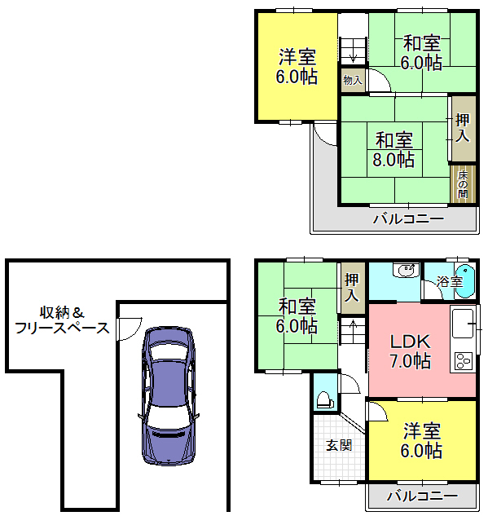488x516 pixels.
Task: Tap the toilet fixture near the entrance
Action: tap(325, 400)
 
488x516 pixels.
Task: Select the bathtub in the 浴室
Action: tap(466, 282)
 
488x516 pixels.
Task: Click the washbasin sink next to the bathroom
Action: tap(407, 270)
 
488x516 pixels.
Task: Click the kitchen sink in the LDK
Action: tap(464, 324)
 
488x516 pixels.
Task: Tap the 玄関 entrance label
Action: tap(339, 445)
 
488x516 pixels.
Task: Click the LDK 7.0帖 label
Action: tap(410, 351)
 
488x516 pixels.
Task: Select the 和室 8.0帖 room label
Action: tap(393, 150)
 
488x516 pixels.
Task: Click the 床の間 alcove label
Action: tap(463, 184)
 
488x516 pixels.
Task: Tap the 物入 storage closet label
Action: tap(353, 80)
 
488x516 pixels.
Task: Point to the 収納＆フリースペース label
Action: tap(62, 320)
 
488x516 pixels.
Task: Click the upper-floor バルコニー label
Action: tap(409, 218)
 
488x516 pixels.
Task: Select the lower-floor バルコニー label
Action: tap(422, 496)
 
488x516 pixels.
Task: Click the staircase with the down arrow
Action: tap(354, 51)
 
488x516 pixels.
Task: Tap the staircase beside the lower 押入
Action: tap(353, 331)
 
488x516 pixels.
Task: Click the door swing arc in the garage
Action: tap(132, 332)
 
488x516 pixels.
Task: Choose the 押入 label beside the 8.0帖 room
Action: tap(463, 128)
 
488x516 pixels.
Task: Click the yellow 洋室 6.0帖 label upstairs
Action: tap(297, 67)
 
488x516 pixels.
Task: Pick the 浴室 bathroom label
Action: tap(450, 282)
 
